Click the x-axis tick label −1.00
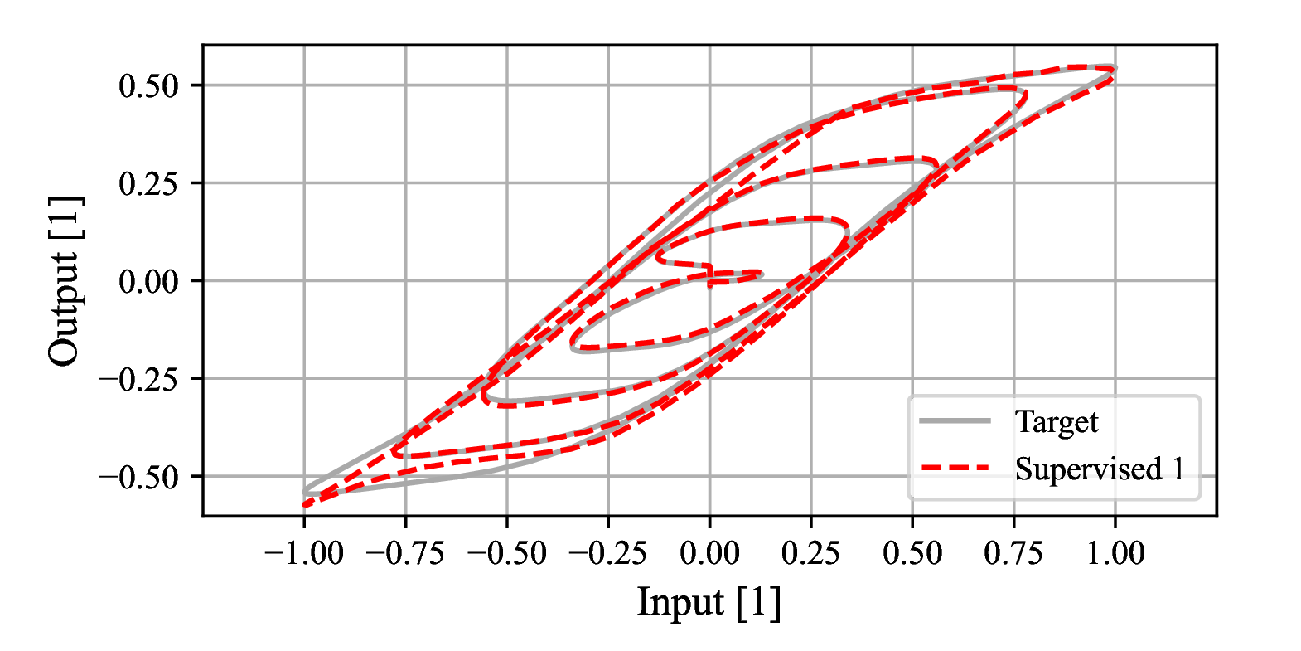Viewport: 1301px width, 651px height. pos(303,553)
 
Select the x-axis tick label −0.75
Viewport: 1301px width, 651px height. pos(404,553)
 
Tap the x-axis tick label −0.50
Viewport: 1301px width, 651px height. pos(506,553)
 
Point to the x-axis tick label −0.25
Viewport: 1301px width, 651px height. pos(607,553)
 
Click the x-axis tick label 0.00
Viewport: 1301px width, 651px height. pos(709,553)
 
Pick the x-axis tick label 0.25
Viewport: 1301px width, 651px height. pos(811,553)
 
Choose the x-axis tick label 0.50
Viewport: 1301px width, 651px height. pos(912,553)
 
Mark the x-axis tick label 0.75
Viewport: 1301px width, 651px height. pos(1013,553)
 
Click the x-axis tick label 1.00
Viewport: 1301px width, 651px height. pos(1115,553)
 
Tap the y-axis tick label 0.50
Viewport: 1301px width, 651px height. pos(149,85)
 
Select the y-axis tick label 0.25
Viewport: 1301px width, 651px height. pos(149,183)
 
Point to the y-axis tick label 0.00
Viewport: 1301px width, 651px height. pos(149,281)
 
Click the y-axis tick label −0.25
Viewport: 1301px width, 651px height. pos(139,379)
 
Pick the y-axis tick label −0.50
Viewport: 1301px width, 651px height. pos(139,477)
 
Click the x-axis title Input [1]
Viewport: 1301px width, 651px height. pos(709,602)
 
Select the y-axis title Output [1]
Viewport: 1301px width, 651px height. pos(65,280)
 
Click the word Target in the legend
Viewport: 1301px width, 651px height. pos(1057,422)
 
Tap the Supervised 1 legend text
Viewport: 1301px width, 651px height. pos(1100,469)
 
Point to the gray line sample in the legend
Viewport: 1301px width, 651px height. pos(955,421)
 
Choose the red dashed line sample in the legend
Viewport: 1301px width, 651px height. pos(955,469)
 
